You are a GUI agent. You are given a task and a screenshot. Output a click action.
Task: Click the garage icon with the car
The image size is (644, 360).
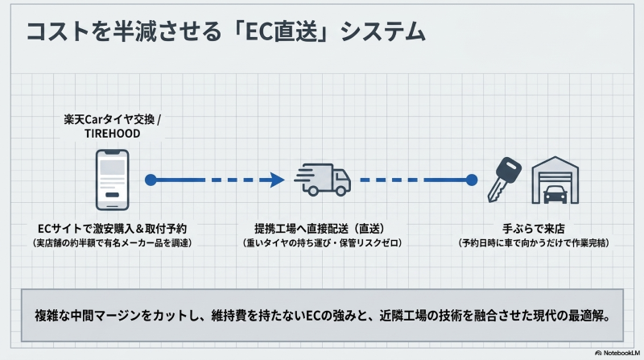click(555, 179)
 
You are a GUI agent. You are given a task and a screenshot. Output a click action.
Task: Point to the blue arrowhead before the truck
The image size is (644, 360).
click(277, 180)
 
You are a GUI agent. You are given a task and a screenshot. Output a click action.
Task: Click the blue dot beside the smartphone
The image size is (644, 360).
click(151, 180)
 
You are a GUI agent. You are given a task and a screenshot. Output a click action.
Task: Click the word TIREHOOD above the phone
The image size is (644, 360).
click(113, 134)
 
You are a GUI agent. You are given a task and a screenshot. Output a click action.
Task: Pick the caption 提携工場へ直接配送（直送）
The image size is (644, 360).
click(322, 228)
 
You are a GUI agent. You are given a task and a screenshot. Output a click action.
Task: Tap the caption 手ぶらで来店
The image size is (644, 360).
click(532, 228)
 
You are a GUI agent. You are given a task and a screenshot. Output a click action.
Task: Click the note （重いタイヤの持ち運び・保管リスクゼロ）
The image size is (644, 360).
click(322, 242)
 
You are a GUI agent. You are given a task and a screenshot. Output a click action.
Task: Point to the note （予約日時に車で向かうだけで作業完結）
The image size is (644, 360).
click(532, 242)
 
